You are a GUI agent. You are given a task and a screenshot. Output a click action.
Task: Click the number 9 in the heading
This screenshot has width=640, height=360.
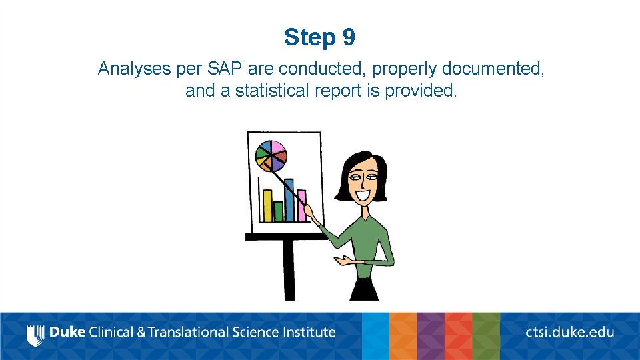click(349, 37)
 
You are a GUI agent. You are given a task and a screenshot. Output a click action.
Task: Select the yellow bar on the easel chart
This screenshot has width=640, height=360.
click(267, 206)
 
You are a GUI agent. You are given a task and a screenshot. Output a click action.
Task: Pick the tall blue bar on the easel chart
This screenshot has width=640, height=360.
click(289, 200)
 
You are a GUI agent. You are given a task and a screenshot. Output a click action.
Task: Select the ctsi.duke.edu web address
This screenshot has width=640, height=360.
click(570, 332)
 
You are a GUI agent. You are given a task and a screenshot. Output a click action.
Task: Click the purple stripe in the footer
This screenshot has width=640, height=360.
click(431, 336)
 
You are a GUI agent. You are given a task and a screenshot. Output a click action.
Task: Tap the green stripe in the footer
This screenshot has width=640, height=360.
click(486, 336)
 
